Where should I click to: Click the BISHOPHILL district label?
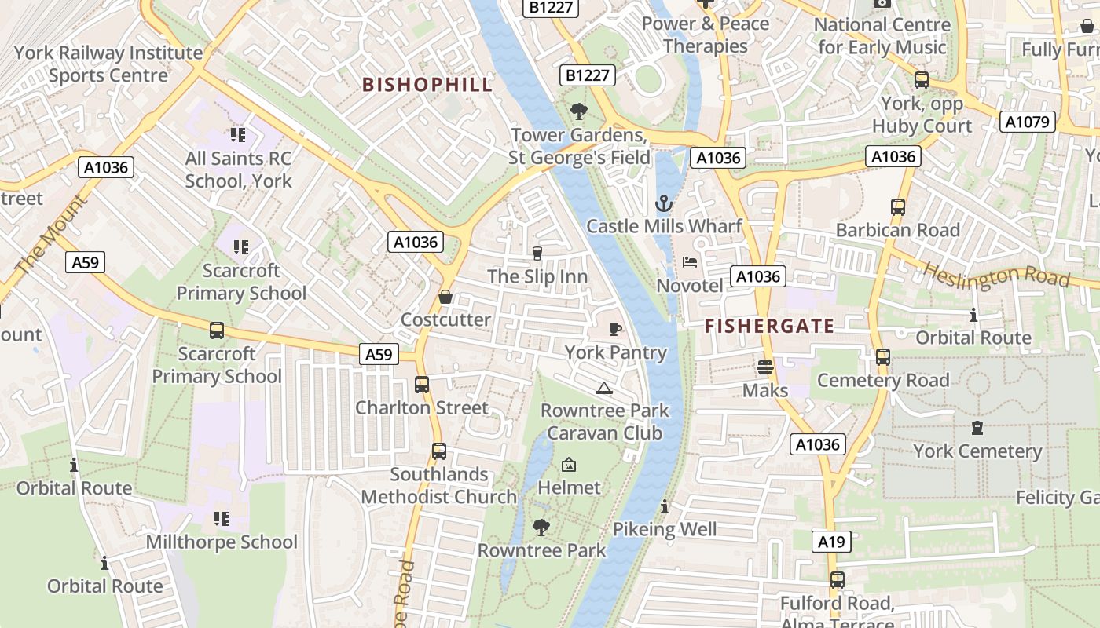pyautogui.click(x=427, y=85)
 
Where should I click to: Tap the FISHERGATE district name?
pyautogui.click(x=769, y=327)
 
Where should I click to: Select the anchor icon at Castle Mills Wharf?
pyautogui.click(x=664, y=204)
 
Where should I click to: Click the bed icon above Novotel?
pyautogui.click(x=690, y=262)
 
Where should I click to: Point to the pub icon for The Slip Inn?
pyautogui.click(x=537, y=253)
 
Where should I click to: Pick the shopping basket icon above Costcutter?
pyautogui.click(x=445, y=297)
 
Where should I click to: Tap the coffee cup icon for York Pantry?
pyautogui.click(x=615, y=329)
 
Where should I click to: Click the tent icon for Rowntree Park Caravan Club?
pyautogui.click(x=603, y=388)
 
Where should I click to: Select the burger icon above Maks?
pyautogui.click(x=765, y=367)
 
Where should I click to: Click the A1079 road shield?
pyautogui.click(x=1027, y=122)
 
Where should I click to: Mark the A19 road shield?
pyautogui.click(x=831, y=541)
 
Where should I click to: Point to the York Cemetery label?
pyautogui.click(x=977, y=451)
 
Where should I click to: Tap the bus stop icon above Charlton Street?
pyautogui.click(x=422, y=385)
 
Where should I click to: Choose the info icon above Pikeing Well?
pyautogui.click(x=665, y=506)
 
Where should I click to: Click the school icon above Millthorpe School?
pyautogui.click(x=222, y=519)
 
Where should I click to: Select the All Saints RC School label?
pyautogui.click(x=239, y=170)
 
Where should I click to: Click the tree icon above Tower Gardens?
pyautogui.click(x=579, y=111)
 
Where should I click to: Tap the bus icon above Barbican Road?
pyautogui.click(x=898, y=207)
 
